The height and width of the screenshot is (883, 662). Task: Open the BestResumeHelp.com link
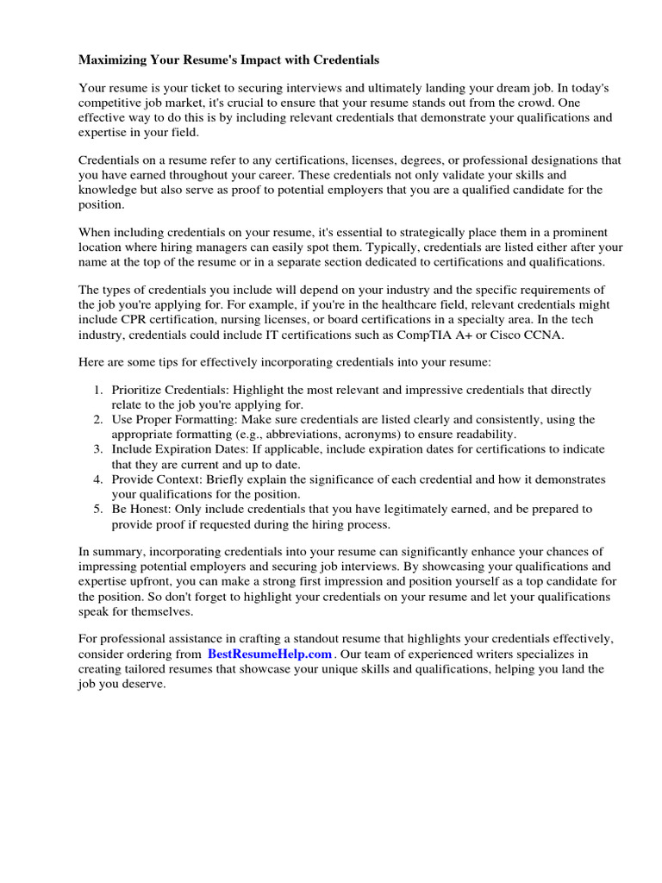[269, 654]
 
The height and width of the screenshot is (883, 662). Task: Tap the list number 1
[98, 390]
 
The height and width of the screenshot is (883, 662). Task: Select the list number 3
[98, 449]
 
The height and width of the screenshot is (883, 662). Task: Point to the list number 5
[98, 509]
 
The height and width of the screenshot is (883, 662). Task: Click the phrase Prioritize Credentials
[168, 390]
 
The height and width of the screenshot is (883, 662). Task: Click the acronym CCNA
[544, 335]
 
